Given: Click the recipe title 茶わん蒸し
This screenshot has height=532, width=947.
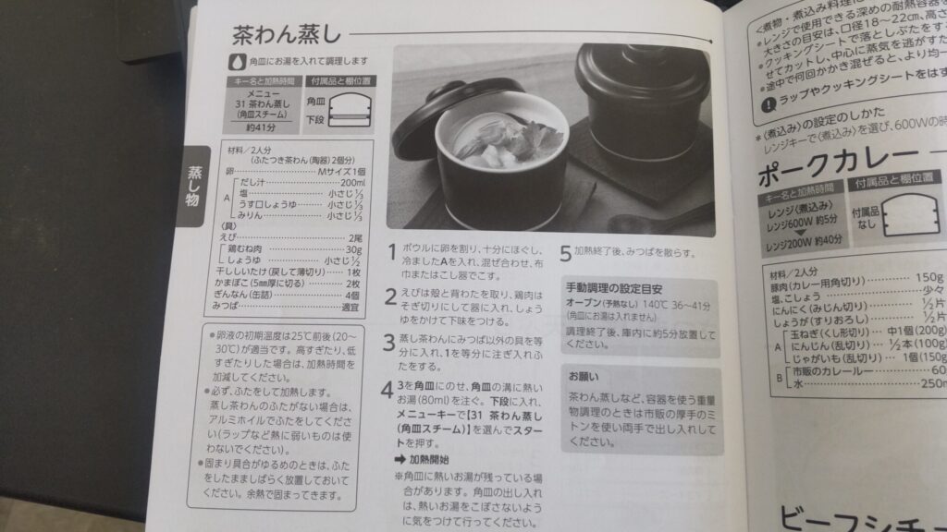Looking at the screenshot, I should [x=286, y=34].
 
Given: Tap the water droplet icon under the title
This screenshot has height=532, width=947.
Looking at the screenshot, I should [x=236, y=62].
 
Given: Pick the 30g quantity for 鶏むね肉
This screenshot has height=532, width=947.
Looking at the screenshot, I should [x=352, y=249].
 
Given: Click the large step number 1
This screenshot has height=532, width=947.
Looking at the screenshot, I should [x=392, y=252].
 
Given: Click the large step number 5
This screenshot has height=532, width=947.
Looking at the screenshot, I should [x=565, y=252].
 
